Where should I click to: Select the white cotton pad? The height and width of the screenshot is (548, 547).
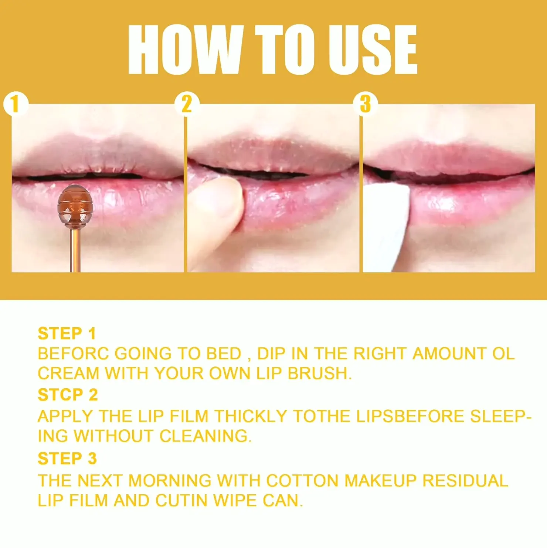click(386, 227)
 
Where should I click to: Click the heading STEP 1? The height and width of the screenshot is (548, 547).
click(67, 334)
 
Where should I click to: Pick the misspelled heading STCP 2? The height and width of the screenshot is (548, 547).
click(68, 395)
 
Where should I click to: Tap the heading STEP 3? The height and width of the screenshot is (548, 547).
click(67, 459)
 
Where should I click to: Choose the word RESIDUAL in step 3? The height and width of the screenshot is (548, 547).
click(465, 481)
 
